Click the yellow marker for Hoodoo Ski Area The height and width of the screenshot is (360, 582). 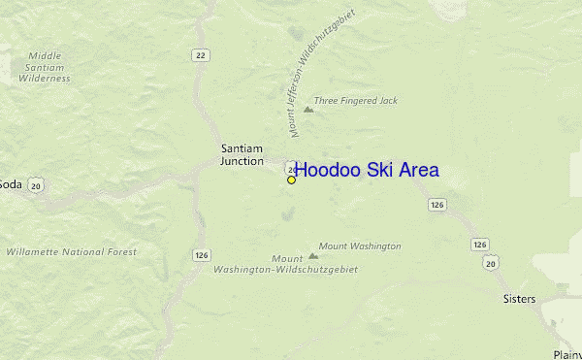(x=291, y=180)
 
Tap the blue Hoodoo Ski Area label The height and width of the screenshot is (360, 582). (x=367, y=170)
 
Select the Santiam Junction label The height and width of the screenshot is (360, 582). (x=242, y=155)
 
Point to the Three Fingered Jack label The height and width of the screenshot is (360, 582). (x=356, y=101)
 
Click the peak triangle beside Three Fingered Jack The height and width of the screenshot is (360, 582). (x=308, y=109)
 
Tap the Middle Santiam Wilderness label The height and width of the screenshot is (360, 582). (x=44, y=67)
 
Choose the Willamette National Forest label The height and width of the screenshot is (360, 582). (x=72, y=251)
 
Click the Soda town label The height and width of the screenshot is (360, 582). (x=10, y=184)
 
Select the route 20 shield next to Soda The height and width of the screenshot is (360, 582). (x=36, y=184)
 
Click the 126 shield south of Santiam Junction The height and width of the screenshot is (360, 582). (x=201, y=255)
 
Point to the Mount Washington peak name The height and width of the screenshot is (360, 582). (x=360, y=246)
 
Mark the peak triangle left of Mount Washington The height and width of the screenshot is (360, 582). (x=312, y=256)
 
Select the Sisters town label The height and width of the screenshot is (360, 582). (x=519, y=299)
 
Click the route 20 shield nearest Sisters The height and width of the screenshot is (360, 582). (x=492, y=262)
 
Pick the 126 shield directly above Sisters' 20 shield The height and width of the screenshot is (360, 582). (x=481, y=245)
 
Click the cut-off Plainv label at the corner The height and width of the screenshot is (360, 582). (x=566, y=354)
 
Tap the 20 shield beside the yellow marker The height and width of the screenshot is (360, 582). (x=291, y=169)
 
